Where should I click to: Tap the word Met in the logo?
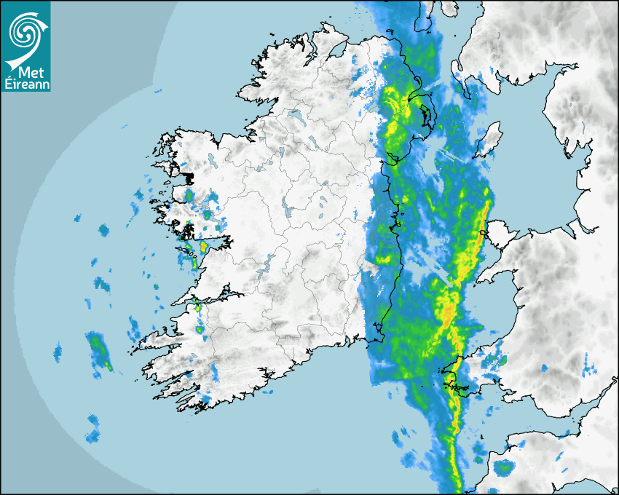tap(26, 72)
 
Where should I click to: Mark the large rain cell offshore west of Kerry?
tap(97, 347)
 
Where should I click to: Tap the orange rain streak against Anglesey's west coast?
tap(482, 218)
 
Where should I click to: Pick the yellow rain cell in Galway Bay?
tap(202, 247)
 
